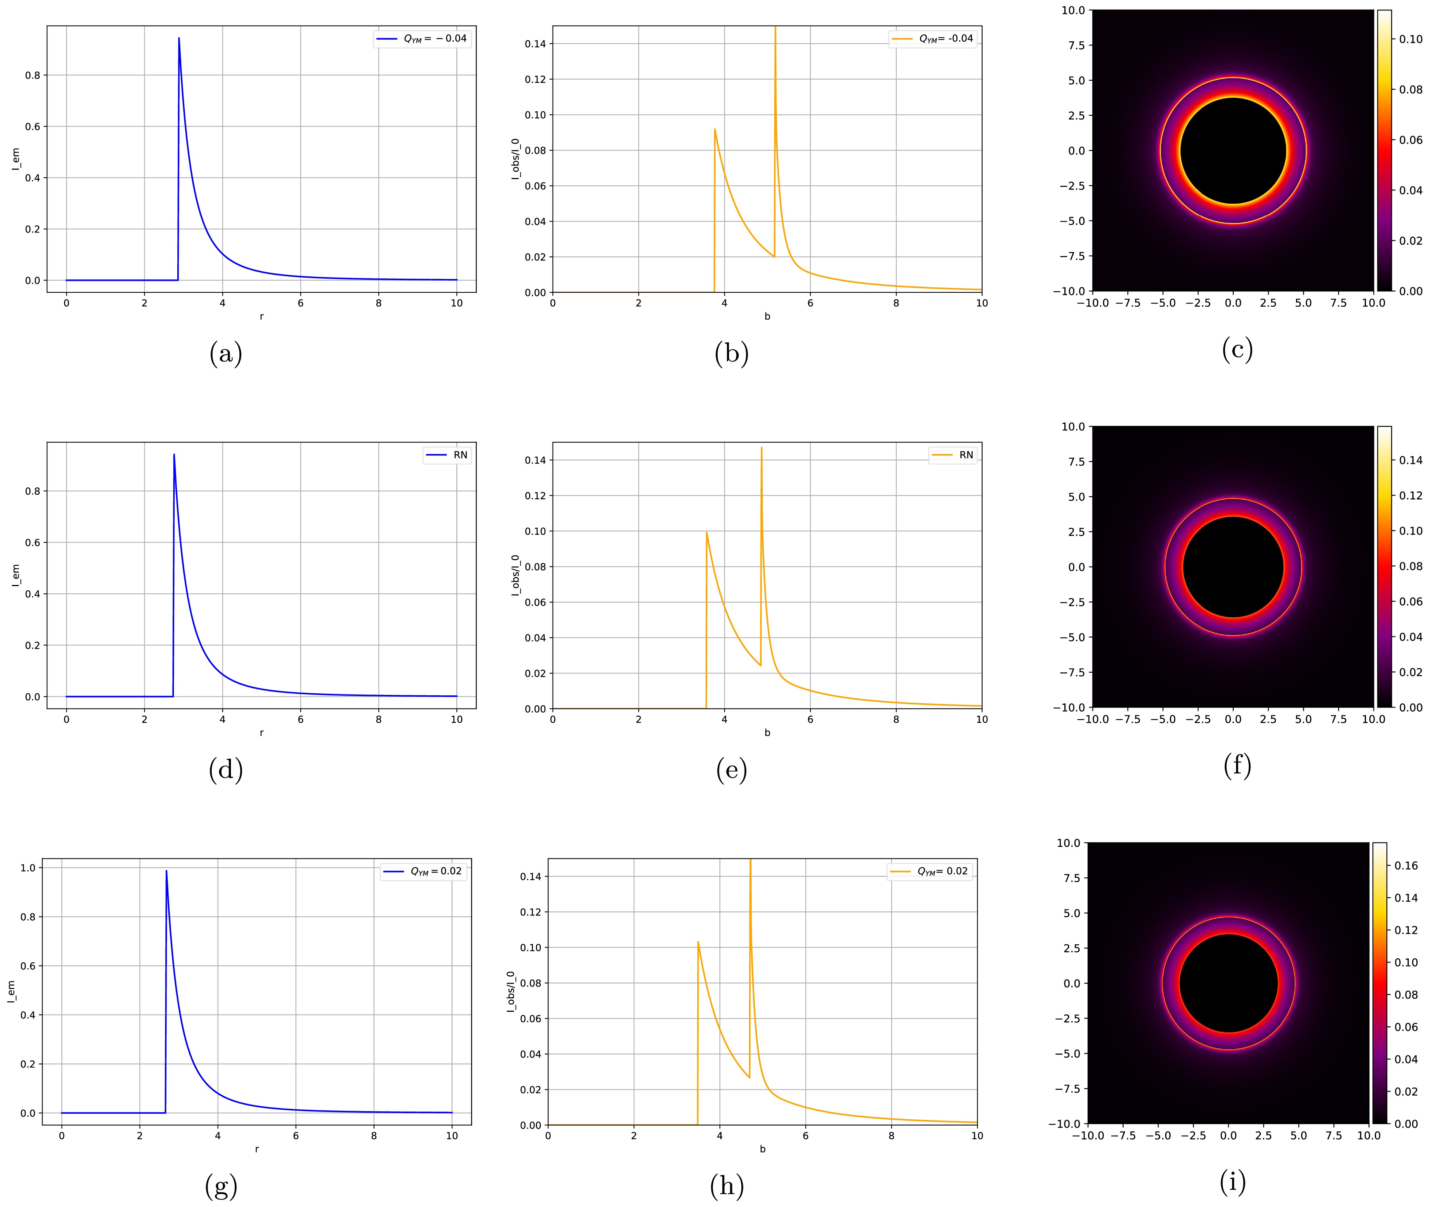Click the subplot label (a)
(x=226, y=354)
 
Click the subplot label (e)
(x=731, y=770)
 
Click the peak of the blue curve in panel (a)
(x=179, y=38)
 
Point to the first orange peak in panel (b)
(x=715, y=130)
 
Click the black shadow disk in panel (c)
(x=1233, y=151)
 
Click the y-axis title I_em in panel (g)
(x=11, y=992)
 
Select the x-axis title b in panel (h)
(x=762, y=1149)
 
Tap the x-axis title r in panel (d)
(x=261, y=733)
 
